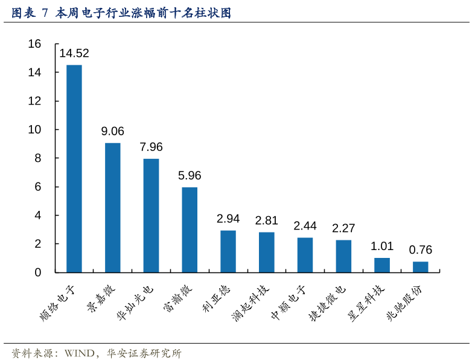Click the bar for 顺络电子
point(74,169)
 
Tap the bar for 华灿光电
point(151,215)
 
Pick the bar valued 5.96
point(190,230)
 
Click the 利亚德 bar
point(228,251)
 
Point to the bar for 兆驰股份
point(421,267)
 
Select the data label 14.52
point(74,53)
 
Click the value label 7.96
point(151,147)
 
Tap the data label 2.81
point(267,220)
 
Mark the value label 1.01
point(382,246)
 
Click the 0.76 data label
point(421,250)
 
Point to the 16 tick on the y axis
point(34,43)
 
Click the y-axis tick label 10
point(34,129)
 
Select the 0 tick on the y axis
point(37,272)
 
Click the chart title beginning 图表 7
point(121,12)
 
